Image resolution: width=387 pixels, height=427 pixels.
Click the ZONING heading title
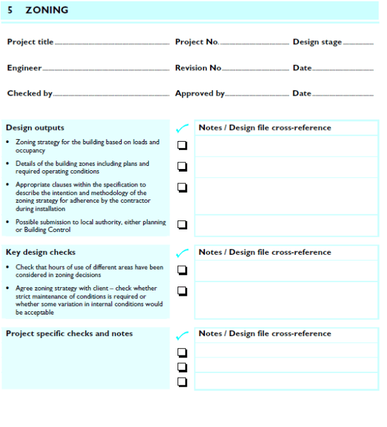coord(47,10)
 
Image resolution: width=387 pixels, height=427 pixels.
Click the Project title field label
coord(30,42)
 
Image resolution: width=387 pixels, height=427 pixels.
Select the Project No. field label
coord(197,42)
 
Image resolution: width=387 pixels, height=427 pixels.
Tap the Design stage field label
coord(317,42)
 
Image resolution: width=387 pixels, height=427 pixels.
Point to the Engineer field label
coord(24,68)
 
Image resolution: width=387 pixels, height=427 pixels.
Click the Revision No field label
coord(198,68)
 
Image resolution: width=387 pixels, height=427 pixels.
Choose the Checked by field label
coord(29,93)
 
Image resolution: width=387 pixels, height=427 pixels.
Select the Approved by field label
coord(200,93)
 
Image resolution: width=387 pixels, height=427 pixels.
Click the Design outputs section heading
coord(35,127)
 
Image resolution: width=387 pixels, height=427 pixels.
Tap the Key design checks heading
coord(40,252)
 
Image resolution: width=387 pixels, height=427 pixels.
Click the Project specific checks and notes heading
coord(69,333)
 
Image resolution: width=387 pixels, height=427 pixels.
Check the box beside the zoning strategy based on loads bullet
coord(182,146)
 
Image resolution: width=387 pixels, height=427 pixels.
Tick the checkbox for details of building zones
coord(182,166)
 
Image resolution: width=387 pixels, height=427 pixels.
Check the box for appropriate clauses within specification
coord(182,187)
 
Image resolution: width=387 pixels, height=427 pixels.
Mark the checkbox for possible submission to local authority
coord(182,225)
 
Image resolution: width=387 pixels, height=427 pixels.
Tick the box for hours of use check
coord(182,270)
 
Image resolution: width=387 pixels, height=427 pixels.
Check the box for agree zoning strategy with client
coord(182,291)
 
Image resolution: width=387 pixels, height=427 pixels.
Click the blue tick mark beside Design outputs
coord(182,128)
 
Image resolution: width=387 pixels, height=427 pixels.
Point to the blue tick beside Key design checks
coord(182,253)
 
